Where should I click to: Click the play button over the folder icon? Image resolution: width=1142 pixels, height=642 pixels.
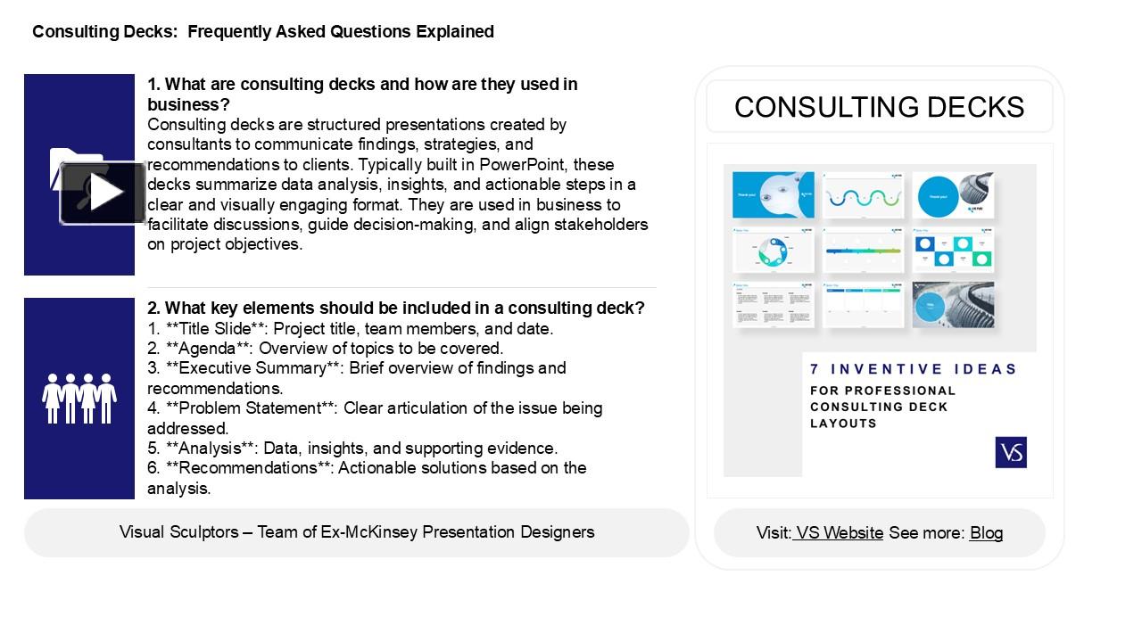tap(103, 193)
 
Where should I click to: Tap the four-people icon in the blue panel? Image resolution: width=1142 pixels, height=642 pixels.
tap(79, 398)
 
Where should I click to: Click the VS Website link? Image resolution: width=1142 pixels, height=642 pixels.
tap(839, 533)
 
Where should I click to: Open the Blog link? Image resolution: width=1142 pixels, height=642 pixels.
tap(986, 533)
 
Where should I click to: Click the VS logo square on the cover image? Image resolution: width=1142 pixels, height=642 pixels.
tap(1011, 452)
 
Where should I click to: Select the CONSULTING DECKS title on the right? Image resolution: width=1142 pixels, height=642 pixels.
tap(879, 107)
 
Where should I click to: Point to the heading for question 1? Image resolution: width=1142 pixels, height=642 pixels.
tap(362, 94)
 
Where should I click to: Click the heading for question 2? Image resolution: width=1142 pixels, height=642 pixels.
tap(395, 309)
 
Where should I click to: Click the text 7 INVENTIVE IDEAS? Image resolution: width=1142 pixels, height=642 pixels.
tap(913, 369)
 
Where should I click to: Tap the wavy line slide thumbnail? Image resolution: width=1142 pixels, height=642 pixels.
tap(862, 195)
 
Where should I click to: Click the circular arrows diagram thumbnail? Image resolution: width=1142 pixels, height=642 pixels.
tap(773, 251)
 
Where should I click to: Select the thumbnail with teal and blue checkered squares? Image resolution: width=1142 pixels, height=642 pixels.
tap(952, 251)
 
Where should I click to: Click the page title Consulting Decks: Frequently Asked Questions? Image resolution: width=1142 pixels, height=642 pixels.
tap(263, 32)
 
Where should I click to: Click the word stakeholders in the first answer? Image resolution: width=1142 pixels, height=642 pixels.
tap(594, 225)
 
